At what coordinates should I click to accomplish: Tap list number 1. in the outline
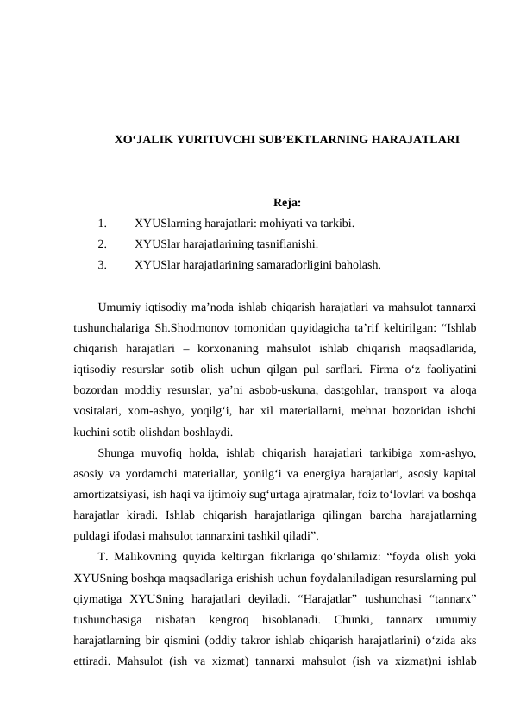(103, 224)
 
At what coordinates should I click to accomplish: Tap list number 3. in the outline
(103, 265)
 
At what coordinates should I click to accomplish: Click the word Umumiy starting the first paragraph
(121, 307)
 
